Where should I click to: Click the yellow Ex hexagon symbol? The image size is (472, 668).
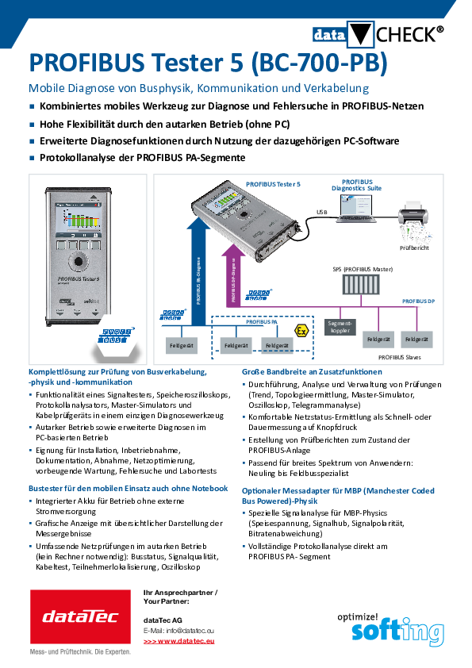point(301,329)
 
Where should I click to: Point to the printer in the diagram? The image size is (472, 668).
point(414,213)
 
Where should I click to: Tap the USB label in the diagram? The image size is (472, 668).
point(321,213)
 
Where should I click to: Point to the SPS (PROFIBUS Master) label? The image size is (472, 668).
point(363,269)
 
